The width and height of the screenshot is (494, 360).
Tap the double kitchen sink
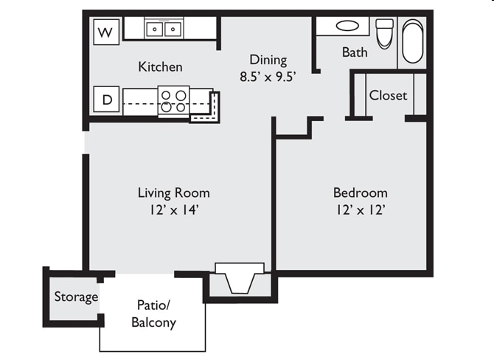pyautogui.click(x=164, y=30)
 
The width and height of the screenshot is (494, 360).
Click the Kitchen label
pyautogui.click(x=160, y=67)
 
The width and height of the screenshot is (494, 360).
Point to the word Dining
pyautogui.click(x=268, y=60)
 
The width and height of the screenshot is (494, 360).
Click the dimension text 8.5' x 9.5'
pyautogui.click(x=268, y=75)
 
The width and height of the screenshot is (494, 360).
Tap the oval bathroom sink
pyautogui.click(x=347, y=26)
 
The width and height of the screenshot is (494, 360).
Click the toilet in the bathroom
pyautogui.click(x=384, y=33)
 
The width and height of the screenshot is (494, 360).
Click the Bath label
pyautogui.click(x=355, y=52)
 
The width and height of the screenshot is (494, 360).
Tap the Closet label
pyautogui.click(x=388, y=95)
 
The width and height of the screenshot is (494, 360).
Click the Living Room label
pyautogui.click(x=173, y=193)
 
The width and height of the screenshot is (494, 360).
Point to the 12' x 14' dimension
pyautogui.click(x=173, y=210)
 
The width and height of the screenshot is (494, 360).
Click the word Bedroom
pyautogui.click(x=360, y=193)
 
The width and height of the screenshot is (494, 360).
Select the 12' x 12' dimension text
pyautogui.click(x=360, y=210)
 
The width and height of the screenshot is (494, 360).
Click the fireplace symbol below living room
pyautogui.click(x=239, y=280)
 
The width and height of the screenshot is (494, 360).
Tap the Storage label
pyautogui.click(x=76, y=297)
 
